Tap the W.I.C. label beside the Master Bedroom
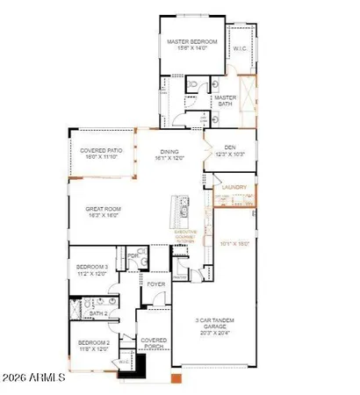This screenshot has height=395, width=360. pos(239,49)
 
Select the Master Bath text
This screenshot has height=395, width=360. pos(226,102)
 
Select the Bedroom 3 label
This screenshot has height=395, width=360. pos(92,269)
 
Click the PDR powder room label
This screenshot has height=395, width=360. pos(133,255)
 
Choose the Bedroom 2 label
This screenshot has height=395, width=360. pos(92,345)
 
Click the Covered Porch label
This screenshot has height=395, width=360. pos(154,344)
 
